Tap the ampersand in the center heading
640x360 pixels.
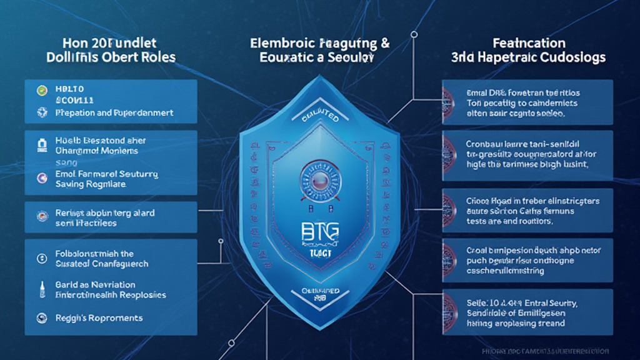tap(385, 43)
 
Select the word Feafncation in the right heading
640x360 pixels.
tap(529, 43)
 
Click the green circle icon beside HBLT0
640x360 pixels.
tap(42, 90)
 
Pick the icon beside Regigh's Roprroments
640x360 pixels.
tap(42, 317)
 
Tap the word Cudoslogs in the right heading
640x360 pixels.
tap(573, 57)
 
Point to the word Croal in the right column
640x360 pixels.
tap(478, 250)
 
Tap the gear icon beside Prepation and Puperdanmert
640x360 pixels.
tap(42, 113)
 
